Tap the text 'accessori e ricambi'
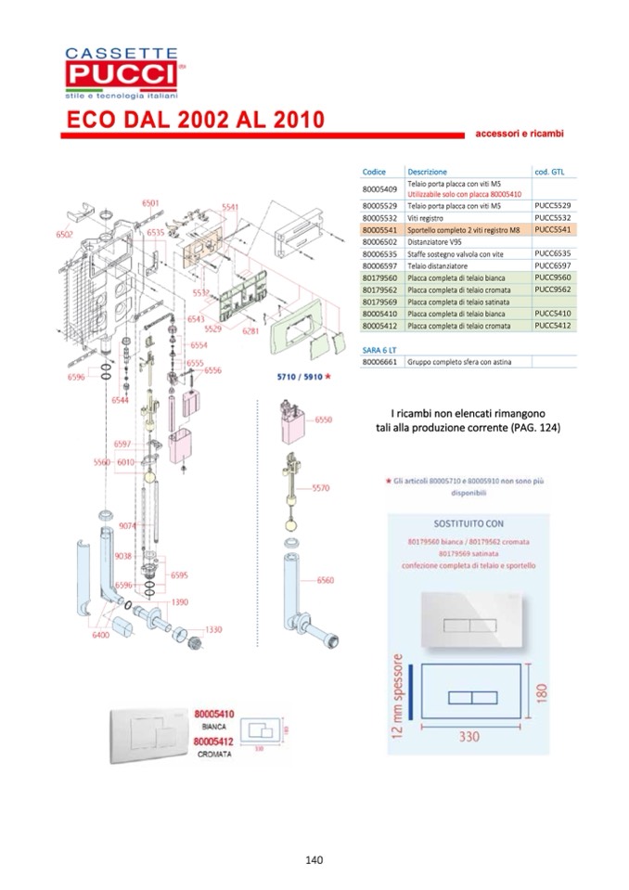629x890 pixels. pos(520,134)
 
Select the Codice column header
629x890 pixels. pos(374,172)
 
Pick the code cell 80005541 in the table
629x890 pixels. pos(379,228)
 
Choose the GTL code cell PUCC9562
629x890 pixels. pos(552,289)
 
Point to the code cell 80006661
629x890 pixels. pos(379,362)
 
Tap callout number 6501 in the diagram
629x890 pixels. pos(150,202)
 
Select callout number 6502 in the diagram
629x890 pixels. pos(64,235)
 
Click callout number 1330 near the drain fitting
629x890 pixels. pos(214,628)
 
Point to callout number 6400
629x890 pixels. pos(100,635)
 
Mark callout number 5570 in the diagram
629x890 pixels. pos(321,487)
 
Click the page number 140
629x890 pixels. pos(314,859)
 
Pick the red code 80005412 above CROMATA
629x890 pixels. pos(214,742)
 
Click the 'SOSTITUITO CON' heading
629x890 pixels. pos(469,522)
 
